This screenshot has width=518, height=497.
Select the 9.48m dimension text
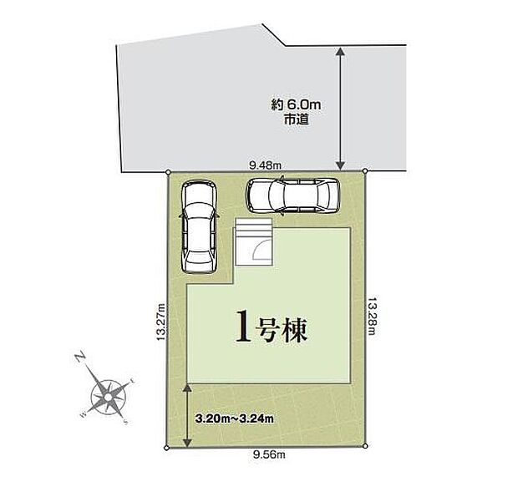point(265,165)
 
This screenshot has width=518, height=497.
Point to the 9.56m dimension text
point(270,455)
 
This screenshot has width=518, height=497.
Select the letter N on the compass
point(81,358)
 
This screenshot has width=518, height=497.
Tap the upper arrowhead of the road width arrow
point(341,53)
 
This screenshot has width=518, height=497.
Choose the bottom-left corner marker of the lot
point(167,449)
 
